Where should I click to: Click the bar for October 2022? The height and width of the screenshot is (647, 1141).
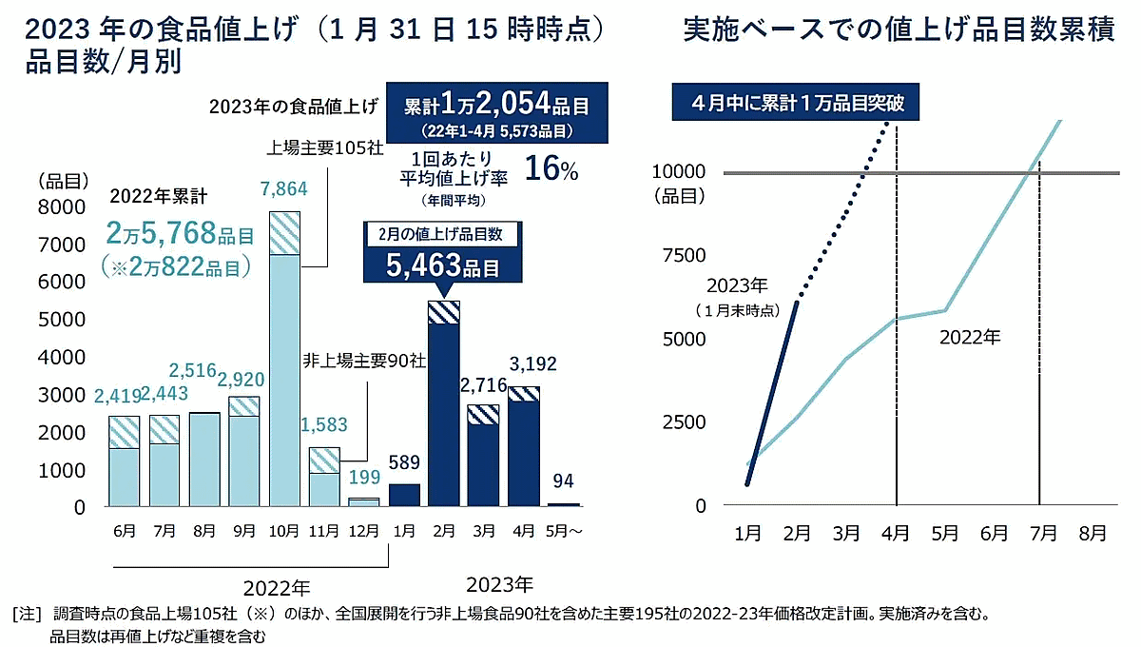(x=284, y=362)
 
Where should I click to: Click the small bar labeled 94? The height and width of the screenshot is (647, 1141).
(x=564, y=504)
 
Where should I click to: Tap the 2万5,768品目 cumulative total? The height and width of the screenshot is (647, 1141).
(x=182, y=232)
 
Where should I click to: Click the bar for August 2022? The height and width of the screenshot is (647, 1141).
(x=204, y=461)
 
